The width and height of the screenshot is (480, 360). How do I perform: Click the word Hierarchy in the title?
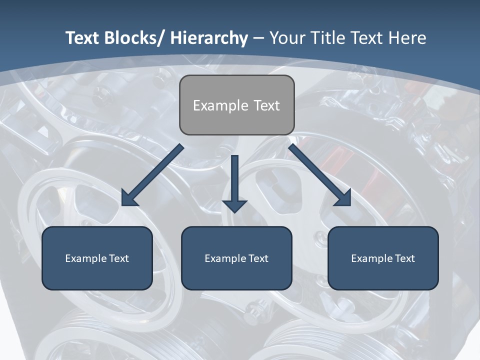[x=209, y=38]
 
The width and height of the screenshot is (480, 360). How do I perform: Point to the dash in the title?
[x=258, y=38]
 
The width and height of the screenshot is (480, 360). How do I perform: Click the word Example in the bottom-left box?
[x=86, y=258]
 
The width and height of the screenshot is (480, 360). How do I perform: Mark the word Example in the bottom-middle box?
[x=225, y=258]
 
